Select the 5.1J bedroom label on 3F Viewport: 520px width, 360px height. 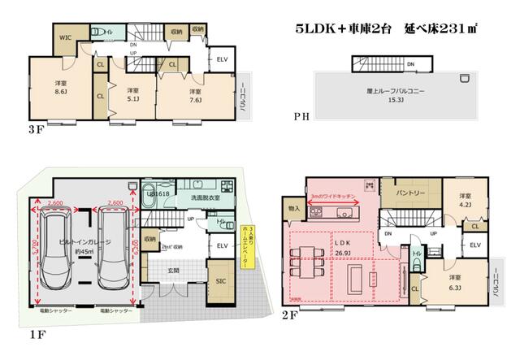(132, 95)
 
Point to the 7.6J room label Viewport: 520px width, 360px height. (194, 96)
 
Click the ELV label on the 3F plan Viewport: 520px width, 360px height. (222, 59)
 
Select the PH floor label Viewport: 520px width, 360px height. (301, 117)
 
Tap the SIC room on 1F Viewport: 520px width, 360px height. (221, 281)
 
